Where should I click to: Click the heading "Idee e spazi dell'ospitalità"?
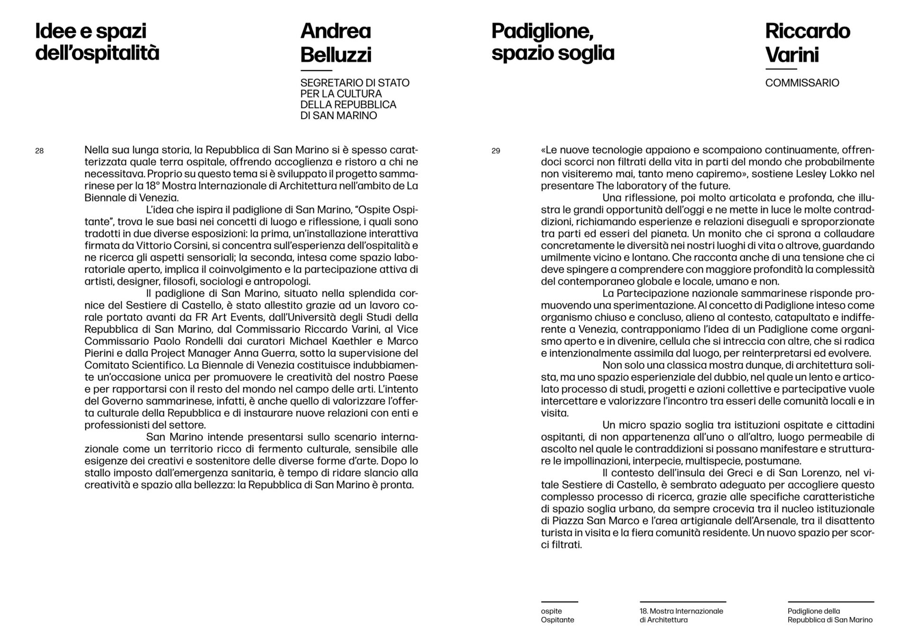coord(97,42)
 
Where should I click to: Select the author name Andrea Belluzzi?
coord(336,43)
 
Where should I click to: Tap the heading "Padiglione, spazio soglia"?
coord(553,42)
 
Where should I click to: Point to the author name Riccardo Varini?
coord(807,43)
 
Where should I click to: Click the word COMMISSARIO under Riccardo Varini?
coord(802,83)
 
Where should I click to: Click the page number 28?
coord(39,151)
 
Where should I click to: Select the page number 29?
coord(496,151)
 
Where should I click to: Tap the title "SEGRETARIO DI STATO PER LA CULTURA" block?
coord(355,99)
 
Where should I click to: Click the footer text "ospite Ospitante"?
coord(557,616)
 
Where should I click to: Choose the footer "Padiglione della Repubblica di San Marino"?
coord(830,616)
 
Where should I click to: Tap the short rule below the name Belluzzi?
coord(316,70)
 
